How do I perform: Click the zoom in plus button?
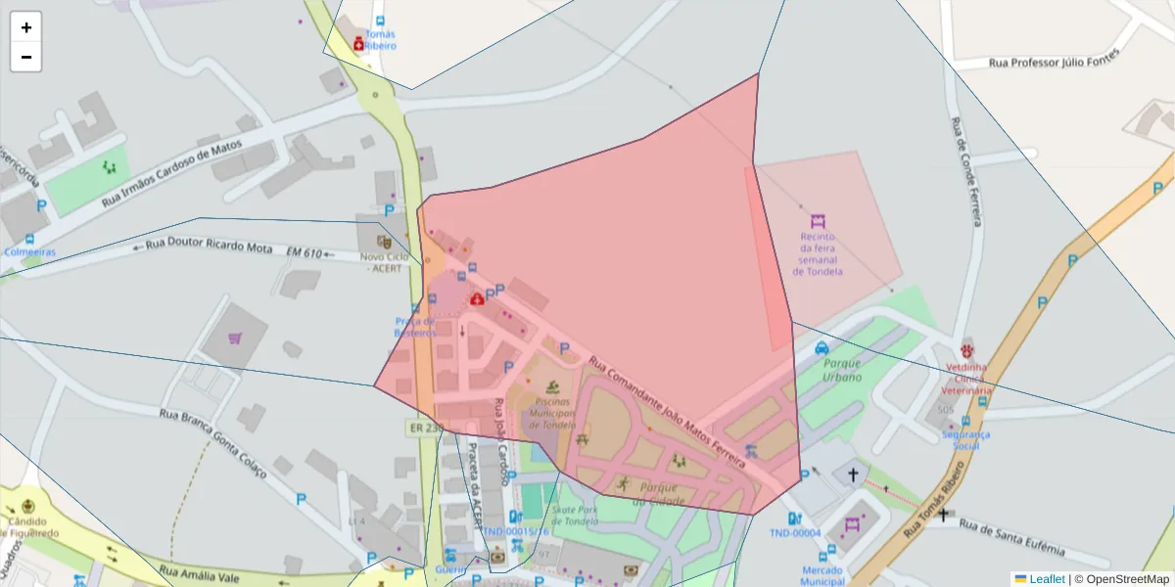(26, 27)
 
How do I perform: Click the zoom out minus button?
(26, 57)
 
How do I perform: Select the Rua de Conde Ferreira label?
(966, 172)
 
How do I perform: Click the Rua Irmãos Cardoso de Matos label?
(171, 172)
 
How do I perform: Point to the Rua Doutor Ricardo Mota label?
(208, 247)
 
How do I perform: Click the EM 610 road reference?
(305, 253)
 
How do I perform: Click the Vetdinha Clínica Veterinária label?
(968, 379)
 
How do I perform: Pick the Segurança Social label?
(965, 440)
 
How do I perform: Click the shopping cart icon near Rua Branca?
(235, 339)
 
